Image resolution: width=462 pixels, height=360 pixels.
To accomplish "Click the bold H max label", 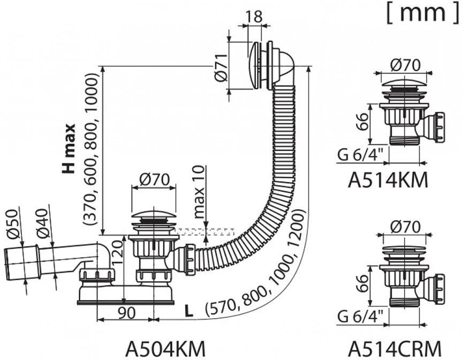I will click(x=69, y=149).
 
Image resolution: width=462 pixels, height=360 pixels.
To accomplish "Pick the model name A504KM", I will click(x=165, y=348).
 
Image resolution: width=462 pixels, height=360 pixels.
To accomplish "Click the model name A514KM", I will click(x=388, y=180).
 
